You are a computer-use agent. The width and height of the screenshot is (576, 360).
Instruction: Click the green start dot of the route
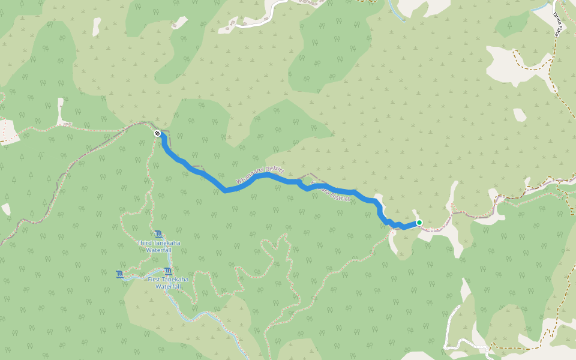tap(419, 223)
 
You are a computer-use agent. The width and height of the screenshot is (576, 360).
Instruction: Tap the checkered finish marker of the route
tap(157, 133)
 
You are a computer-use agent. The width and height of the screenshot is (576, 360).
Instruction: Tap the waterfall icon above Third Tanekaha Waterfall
tap(158, 233)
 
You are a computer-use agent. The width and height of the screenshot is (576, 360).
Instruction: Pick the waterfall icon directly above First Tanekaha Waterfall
tap(167, 271)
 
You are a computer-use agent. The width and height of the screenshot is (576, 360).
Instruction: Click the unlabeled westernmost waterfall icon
tap(119, 275)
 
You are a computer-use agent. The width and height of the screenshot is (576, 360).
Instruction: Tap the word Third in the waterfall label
tap(145, 242)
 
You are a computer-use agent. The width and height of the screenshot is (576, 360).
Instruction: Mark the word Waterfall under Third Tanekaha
tap(158, 249)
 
